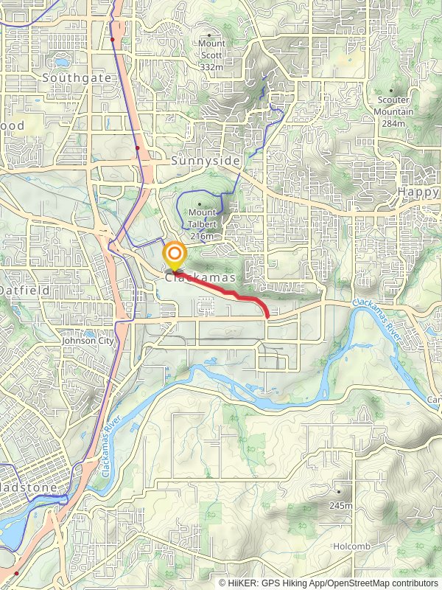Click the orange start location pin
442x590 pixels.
click(175, 257)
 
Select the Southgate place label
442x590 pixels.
click(77, 77)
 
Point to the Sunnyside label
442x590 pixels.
click(195, 160)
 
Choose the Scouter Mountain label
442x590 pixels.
click(394, 105)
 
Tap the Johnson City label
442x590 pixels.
click(88, 341)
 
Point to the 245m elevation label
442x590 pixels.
click(340, 505)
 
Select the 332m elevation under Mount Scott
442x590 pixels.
click(211, 67)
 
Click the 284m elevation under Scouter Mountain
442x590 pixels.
click(394, 123)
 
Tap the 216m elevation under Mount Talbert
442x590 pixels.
click(202, 236)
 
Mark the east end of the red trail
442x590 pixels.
click(267, 316)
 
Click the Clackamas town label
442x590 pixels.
click(200, 278)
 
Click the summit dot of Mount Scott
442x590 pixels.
click(210, 35)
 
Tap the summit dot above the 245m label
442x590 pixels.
click(340, 491)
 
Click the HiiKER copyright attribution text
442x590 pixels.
click(329, 583)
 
